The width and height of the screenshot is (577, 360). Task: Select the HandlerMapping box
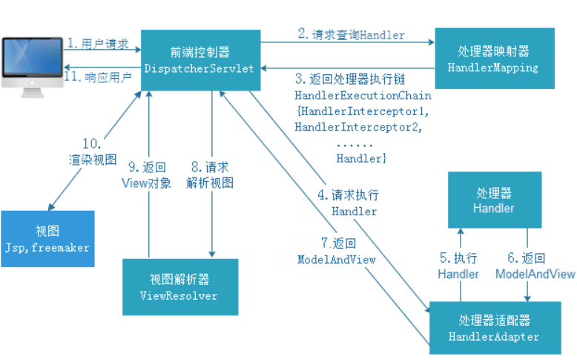point(494,59)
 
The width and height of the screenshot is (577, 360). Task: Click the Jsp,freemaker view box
point(47,239)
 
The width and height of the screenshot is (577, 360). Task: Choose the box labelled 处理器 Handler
point(494,200)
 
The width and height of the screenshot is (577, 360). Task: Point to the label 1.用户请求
point(98,44)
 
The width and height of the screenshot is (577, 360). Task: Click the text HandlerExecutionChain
point(363,96)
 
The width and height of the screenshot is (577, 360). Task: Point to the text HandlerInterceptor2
point(358,127)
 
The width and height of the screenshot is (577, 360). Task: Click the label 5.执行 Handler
point(458,266)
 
